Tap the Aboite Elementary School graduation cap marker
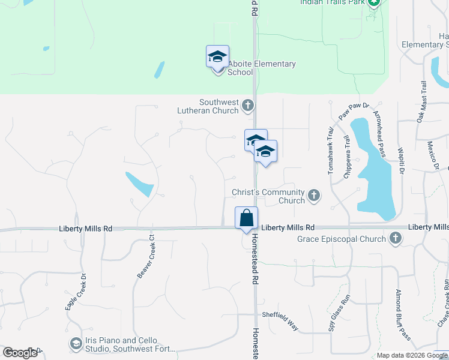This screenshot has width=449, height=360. (x=217, y=58)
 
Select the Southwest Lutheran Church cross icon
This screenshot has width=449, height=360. (x=247, y=107)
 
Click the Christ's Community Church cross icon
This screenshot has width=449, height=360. (x=313, y=195)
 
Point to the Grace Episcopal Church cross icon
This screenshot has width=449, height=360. (x=395, y=239)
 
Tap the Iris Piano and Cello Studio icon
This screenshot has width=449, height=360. (x=76, y=344)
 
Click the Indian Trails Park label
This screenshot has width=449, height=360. (x=333, y=2)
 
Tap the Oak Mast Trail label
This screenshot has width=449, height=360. (x=423, y=102)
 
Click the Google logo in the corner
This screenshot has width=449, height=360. (x=20, y=353)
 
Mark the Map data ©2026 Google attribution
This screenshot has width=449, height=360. (x=412, y=355)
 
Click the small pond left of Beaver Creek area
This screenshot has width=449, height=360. (x=139, y=184)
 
